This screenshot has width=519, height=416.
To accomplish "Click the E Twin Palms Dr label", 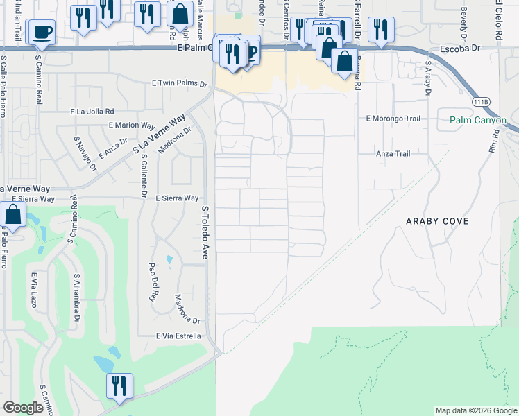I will (180, 83).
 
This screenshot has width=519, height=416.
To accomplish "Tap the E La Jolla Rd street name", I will (92, 111).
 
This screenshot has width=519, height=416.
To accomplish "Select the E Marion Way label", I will (131, 125).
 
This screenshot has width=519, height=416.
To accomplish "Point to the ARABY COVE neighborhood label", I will (438, 221).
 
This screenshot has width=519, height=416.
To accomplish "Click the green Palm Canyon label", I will (478, 121).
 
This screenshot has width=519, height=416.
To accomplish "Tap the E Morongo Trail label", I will (393, 119).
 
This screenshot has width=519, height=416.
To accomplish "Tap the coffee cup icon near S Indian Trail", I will (41, 32).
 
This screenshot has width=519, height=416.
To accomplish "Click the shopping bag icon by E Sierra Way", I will (13, 215).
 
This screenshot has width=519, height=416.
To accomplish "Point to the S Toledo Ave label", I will (205, 232).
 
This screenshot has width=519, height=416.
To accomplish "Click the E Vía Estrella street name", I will (178, 336).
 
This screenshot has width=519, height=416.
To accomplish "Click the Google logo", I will (24, 408).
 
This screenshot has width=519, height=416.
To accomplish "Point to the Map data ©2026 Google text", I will (475, 410).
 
